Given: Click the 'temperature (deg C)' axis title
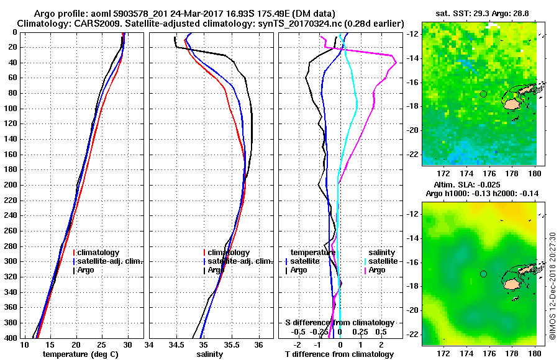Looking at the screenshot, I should (x=80, y=354).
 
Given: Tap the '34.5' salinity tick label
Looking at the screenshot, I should (x=177, y=344).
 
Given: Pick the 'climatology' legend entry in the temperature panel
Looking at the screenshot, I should (x=100, y=253).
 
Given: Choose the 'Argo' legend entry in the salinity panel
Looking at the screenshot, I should (x=216, y=270).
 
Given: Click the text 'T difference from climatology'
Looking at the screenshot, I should (x=339, y=354).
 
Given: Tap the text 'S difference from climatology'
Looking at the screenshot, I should (x=339, y=323).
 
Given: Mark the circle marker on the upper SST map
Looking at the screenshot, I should (x=483, y=94).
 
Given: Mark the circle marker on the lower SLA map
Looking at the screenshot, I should (x=483, y=274).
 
